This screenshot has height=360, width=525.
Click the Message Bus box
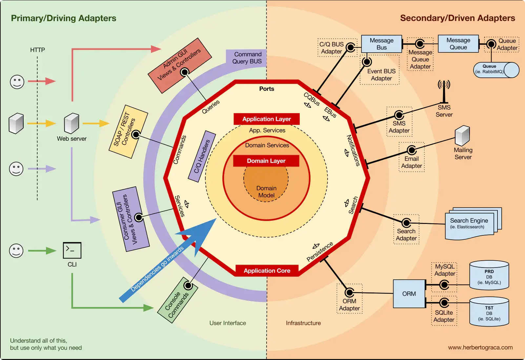(x=381, y=44)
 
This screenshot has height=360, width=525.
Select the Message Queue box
(x=458, y=44)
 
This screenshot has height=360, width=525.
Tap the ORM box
(x=409, y=294)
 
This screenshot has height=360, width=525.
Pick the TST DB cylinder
(x=489, y=312)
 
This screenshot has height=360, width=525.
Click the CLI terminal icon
(x=72, y=250)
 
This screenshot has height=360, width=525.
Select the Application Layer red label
(x=267, y=119)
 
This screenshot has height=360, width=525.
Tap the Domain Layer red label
(x=266, y=161)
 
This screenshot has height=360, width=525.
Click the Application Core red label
(x=267, y=271)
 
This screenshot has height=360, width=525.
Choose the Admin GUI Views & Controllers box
(x=179, y=65)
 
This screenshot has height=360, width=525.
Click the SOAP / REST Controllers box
(x=128, y=131)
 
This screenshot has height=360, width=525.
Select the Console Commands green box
(x=177, y=300)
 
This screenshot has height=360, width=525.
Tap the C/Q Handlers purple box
(x=202, y=156)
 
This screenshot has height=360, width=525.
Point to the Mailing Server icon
(x=462, y=135)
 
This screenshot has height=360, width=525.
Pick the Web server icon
(x=71, y=123)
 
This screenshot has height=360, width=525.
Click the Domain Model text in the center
(x=266, y=192)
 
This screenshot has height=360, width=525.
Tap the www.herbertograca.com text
(x=480, y=348)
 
